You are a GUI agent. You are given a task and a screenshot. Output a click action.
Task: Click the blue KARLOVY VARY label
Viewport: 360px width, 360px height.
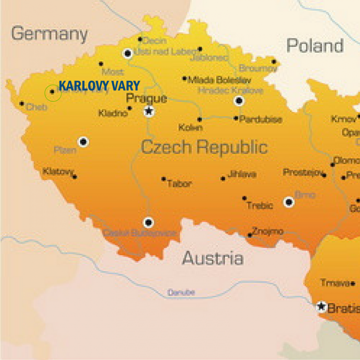coord(99,86)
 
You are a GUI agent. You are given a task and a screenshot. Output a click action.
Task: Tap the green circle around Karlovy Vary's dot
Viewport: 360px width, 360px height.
coord(52,93)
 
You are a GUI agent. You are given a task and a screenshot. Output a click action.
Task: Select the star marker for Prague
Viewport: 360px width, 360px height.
coord(149,111)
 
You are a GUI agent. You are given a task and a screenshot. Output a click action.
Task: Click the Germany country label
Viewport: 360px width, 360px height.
coord(49,34)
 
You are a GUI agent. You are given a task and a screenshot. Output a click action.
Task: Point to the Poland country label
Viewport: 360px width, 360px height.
coord(315,46)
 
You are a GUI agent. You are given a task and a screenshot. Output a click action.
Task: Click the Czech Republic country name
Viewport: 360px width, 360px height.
coord(204,147)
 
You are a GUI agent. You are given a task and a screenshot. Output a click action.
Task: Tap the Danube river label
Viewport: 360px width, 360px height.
coord(181,293)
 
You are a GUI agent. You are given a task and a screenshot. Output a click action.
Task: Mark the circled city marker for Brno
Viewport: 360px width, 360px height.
coord(289,202)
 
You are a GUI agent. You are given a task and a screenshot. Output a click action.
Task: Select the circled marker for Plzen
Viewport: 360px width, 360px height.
coord(83,142)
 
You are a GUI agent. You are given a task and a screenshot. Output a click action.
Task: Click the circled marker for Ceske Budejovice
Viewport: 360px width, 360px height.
coord(149,222)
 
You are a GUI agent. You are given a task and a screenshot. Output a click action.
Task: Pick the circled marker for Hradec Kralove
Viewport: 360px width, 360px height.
coord(239,101)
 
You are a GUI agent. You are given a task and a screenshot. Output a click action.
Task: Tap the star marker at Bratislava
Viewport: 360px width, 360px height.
coord(321,307)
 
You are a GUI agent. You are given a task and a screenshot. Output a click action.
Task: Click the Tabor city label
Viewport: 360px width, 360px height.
coord(180,184)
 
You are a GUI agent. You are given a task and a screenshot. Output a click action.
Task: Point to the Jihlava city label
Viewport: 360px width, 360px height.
coord(242,174)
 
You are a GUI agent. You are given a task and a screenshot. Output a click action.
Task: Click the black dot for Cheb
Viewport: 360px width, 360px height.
coord(22,104)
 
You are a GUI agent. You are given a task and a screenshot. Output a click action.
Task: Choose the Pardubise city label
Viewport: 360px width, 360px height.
coord(261,120)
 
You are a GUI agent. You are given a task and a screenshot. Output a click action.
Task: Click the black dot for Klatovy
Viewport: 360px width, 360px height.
coord(75,177)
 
